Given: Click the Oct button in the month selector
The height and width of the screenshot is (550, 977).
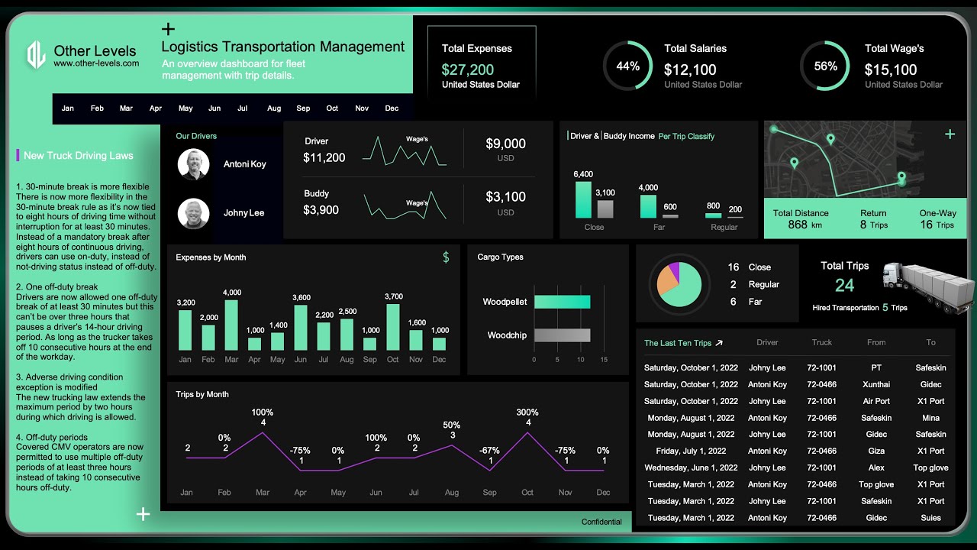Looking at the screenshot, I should point(332,108).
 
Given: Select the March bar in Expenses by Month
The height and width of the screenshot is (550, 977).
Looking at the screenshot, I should point(231,325).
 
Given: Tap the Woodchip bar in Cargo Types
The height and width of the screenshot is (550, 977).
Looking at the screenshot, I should point(562,335).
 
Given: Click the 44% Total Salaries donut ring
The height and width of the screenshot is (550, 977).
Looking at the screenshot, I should point(627,66).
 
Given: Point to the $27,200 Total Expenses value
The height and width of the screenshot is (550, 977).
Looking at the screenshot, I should point(467,70).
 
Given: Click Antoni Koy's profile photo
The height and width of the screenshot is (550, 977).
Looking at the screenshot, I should point(193,164).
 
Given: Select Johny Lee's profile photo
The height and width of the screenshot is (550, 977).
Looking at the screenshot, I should point(193,213).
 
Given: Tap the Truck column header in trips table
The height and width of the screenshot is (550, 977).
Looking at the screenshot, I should point(822,342).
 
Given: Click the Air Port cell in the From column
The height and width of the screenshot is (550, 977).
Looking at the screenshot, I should point(876,401).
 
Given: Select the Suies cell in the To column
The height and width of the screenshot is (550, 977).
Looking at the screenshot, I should point(930,518).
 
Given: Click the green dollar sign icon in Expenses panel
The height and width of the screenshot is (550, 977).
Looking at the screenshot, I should point(446,257).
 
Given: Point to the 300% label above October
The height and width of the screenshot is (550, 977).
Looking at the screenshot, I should point(527,412).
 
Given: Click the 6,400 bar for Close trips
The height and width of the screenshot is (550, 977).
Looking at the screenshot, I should point(583,199).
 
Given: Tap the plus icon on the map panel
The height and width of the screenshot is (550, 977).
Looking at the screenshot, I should point(950,134).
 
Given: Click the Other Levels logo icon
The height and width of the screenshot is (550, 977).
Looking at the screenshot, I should point(36,55).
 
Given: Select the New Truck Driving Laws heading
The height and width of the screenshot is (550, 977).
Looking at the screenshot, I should point(78,156).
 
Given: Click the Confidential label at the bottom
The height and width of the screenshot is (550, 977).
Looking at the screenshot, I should point(601,522).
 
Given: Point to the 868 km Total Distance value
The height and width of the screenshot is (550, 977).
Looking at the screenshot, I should point(799,225).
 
